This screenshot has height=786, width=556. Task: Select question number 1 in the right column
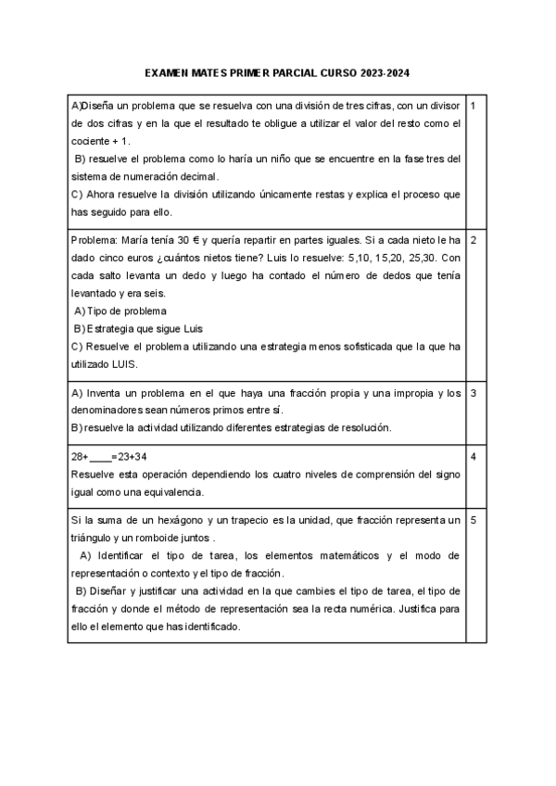tap(473, 106)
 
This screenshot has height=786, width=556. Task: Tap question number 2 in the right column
tap(473, 240)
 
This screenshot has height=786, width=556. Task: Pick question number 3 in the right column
tap(473, 393)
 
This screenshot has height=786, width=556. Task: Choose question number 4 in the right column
tap(473, 457)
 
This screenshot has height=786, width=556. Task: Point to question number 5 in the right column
tap(473, 520)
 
